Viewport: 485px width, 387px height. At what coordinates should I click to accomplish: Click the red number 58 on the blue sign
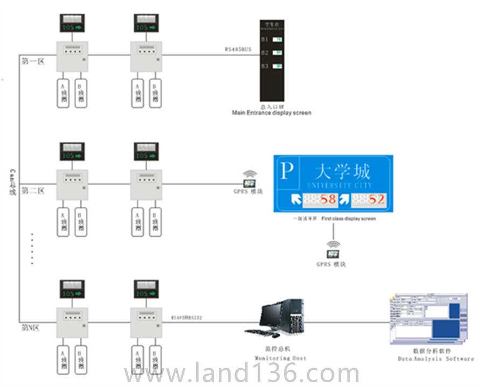tap(328, 200)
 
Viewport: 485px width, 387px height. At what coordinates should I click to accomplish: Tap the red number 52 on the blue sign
tap(377, 200)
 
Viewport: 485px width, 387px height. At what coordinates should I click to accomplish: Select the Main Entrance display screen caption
tap(271, 113)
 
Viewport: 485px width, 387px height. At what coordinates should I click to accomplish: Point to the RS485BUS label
tap(238, 49)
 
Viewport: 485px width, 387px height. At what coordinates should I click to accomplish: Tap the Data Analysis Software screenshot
tap(428, 320)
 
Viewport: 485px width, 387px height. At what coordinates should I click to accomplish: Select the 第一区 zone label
tap(32, 61)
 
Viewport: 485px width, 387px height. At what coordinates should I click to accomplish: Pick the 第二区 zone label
tap(32, 191)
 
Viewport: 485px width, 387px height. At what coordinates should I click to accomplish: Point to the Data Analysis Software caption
tap(436, 358)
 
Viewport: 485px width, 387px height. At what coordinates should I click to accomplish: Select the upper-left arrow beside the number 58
tap(296, 200)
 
